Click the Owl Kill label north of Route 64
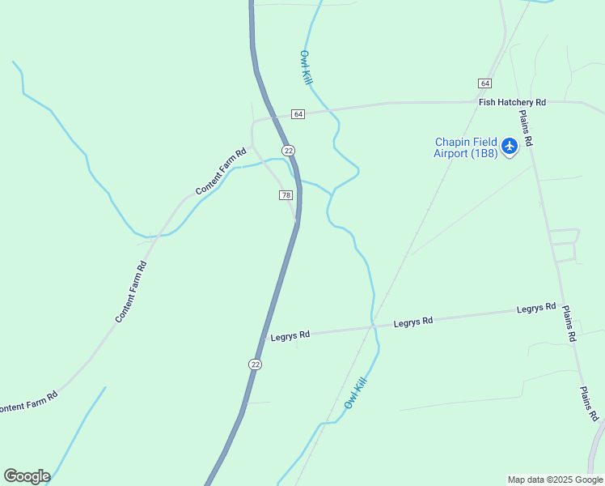tap(306, 68)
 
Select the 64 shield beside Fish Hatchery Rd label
tap(484, 83)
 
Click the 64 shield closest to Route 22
tap(298, 114)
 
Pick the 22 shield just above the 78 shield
tap(289, 151)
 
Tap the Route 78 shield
tap(286, 195)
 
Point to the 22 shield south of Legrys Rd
tap(256, 364)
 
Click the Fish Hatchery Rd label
tap(512, 102)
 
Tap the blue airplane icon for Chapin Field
tap(509, 147)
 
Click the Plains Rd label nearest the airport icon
tap(526, 128)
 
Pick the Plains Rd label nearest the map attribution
tap(588, 403)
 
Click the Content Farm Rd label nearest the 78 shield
tap(221, 171)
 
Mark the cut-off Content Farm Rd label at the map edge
tap(29, 403)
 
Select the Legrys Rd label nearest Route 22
tap(290, 335)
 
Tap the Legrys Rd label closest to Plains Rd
tap(536, 308)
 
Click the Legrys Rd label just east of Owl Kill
tap(413, 322)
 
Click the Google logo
tap(27, 475)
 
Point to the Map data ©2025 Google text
tap(554, 480)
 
